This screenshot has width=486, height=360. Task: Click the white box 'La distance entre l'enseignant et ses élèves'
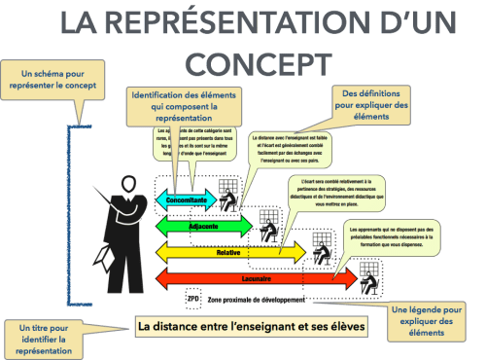pyautogui.click(x=251, y=326)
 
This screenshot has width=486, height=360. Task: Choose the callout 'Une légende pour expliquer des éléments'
pyautogui.click(x=437, y=321)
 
